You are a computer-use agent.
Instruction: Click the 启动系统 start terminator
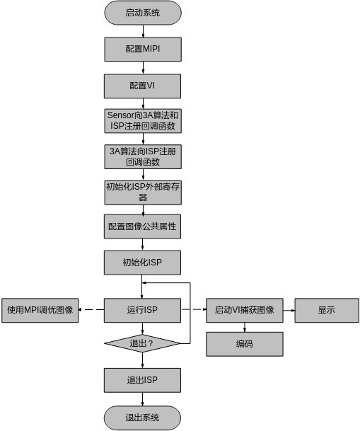pos(143,13)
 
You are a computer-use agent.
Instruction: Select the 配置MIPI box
pos(143,50)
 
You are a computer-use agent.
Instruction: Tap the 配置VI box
pos(143,86)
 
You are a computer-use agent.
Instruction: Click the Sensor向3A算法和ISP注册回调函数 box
pos(143,121)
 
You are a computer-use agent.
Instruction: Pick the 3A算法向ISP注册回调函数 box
pos(143,156)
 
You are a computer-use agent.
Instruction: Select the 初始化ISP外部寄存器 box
pos(143,192)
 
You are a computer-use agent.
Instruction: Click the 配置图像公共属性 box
pos(143,226)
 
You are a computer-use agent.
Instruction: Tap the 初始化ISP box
pos(143,263)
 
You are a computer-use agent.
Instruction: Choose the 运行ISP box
pos(143,310)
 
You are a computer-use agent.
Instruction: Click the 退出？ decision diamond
pos(143,343)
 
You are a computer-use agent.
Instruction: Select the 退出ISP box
pos(143,380)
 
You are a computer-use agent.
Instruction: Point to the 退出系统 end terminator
pos(143,418)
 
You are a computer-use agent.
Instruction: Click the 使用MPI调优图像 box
pos(40,310)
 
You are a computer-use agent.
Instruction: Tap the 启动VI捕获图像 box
pos(245,310)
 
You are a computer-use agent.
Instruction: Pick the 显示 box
pos(327,310)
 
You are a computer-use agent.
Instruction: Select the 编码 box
pos(245,344)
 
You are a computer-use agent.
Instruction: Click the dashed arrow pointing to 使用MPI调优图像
pos(91,310)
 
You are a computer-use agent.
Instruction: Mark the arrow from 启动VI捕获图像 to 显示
pos(289,310)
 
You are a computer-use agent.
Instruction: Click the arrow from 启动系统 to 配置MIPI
pos(143,31)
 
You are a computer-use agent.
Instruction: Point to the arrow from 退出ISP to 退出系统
pos(143,399)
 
